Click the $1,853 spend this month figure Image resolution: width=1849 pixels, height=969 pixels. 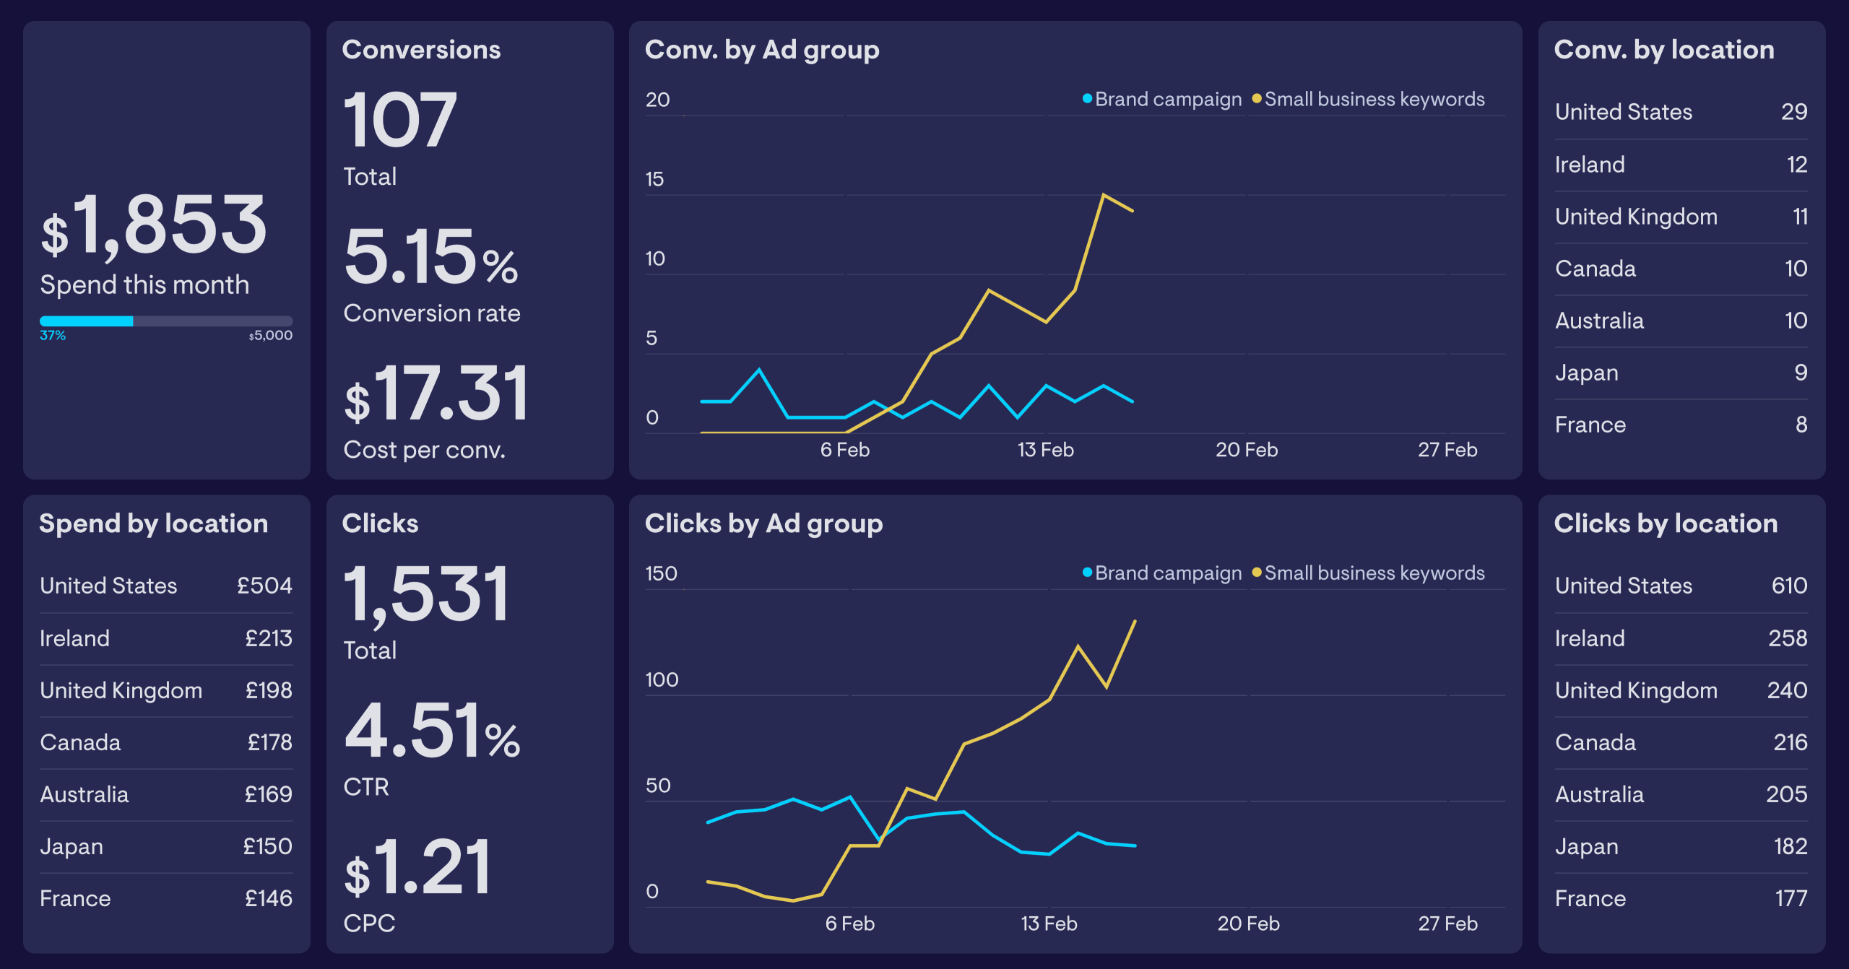point(155,225)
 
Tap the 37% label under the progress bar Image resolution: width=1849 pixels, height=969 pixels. point(53,336)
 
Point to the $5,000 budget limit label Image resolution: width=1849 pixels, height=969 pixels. point(271,336)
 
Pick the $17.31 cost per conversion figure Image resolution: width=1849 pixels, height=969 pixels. point(436,394)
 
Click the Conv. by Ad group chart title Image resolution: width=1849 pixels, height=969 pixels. point(762,50)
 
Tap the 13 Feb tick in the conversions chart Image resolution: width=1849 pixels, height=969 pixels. point(1045,450)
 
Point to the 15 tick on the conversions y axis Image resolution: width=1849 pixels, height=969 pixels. point(654,179)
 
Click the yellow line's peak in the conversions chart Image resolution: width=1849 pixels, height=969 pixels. point(1103,195)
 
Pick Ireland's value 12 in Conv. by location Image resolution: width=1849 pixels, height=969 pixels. point(1797,165)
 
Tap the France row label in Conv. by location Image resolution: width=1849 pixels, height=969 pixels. point(1590,425)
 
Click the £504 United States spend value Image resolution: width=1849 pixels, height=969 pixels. point(264,586)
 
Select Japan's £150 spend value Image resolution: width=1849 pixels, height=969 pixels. point(267,846)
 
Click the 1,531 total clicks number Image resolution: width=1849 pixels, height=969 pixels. point(426,594)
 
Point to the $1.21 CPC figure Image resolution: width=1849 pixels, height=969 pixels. point(417,867)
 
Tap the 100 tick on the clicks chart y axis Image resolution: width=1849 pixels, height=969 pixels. point(662,679)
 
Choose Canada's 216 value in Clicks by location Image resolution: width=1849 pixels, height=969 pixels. point(1790,742)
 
